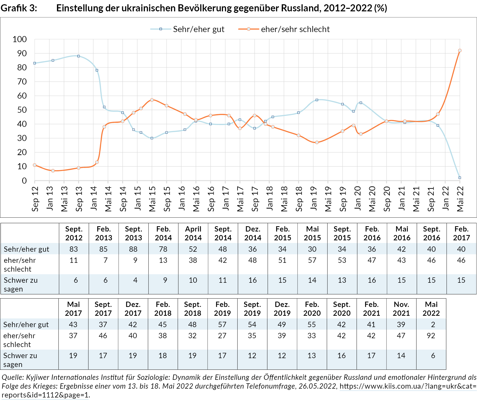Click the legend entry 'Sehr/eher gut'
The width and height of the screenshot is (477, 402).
click(198, 29)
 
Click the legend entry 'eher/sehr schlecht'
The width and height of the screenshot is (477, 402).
click(295, 29)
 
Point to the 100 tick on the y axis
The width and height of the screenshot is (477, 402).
click(20, 39)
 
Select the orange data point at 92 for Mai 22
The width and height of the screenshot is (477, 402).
click(460, 51)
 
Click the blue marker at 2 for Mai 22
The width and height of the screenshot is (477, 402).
click(460, 178)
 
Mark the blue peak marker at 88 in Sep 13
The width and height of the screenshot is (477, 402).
click(79, 56)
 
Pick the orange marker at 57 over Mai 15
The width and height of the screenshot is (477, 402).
click(152, 100)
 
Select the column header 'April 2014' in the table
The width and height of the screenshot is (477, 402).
click(193, 233)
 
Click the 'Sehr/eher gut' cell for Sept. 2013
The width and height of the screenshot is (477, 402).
click(133, 249)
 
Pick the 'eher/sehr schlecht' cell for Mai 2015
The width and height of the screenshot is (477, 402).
click(312, 260)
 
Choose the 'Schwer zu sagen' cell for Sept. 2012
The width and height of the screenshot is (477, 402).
click(76, 280)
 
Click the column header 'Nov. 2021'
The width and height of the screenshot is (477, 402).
click(401, 309)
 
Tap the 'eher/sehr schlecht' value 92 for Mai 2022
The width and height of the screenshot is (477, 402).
click(431, 336)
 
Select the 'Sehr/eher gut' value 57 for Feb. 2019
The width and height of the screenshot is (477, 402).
click(222, 325)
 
